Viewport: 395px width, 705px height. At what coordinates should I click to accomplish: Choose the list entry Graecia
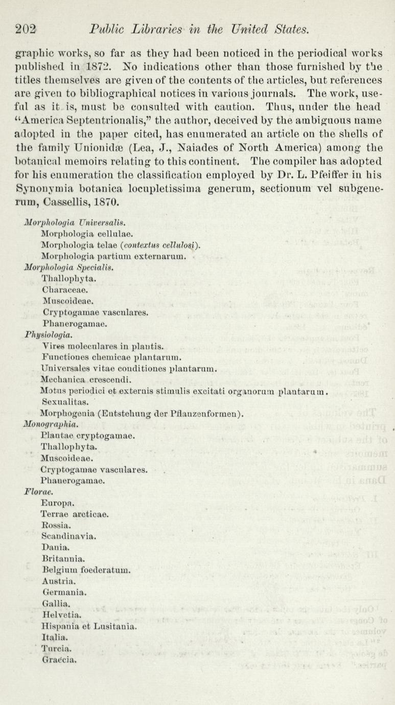coord(60,659)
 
